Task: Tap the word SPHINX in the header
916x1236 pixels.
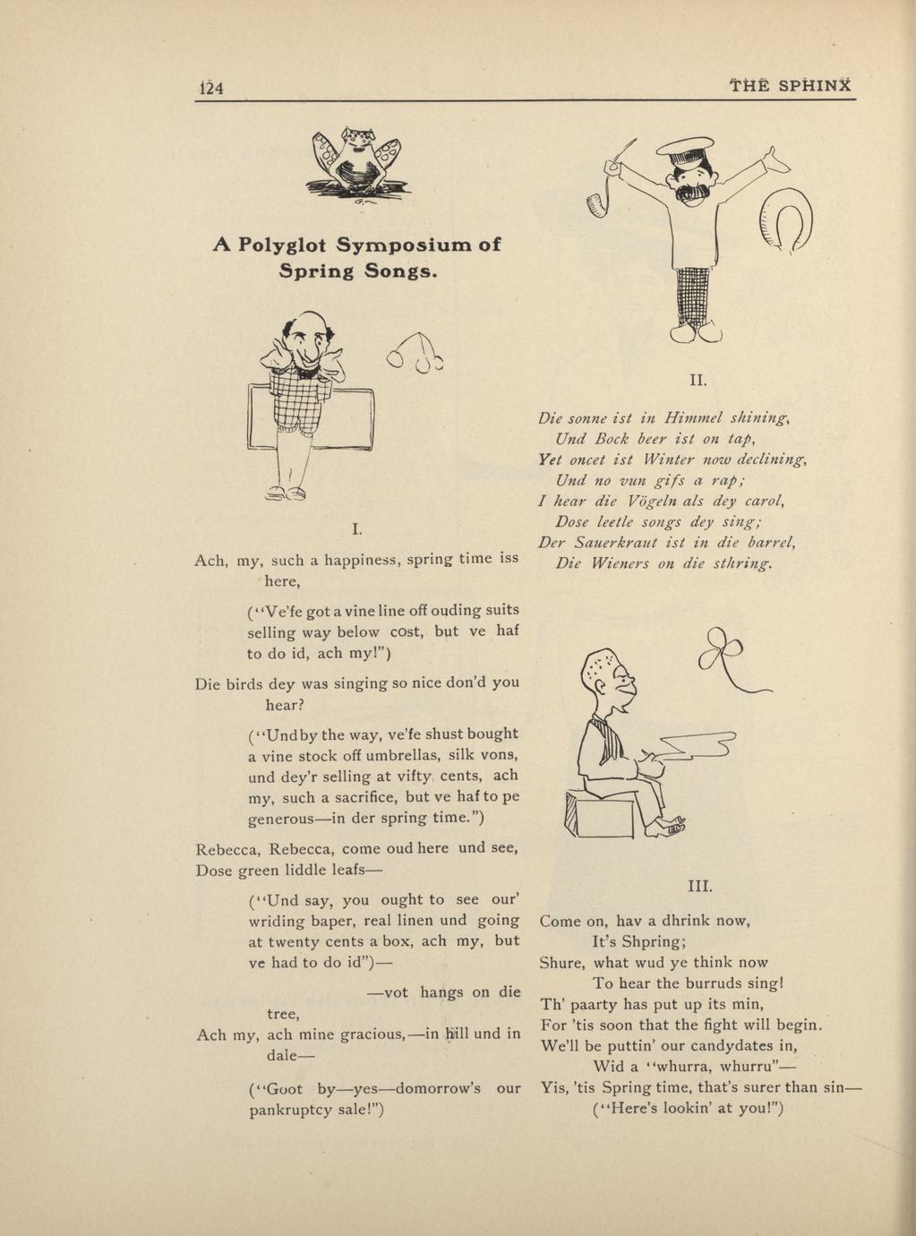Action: (x=814, y=86)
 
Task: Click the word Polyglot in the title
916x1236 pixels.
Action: (x=286, y=245)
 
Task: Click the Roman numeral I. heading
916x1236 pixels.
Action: (x=356, y=529)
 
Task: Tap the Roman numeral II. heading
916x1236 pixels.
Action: (x=698, y=380)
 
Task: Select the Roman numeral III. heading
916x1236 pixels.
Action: (x=699, y=887)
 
